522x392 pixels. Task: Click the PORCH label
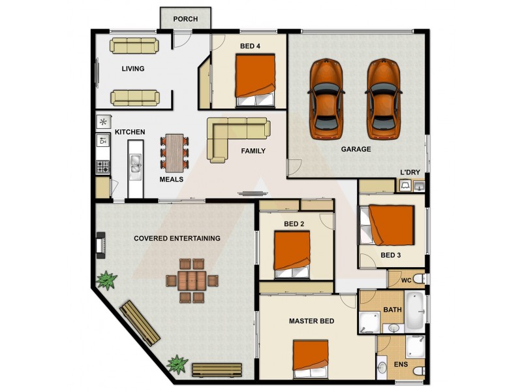click(185, 19)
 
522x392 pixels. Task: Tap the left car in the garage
click(326, 99)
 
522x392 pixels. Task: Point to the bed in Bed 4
click(255, 80)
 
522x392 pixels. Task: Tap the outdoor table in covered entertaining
click(191, 280)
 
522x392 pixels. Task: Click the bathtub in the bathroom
click(414, 310)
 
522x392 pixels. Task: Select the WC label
click(405, 281)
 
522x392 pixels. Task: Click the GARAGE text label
click(356, 150)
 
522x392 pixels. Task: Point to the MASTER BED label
click(312, 321)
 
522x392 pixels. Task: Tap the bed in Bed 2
click(292, 252)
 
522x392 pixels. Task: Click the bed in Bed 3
click(390, 225)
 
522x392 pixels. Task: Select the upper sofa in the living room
click(134, 45)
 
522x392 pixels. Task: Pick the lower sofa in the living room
click(134, 97)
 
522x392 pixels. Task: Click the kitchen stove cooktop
click(103, 167)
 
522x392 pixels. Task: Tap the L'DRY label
click(410, 172)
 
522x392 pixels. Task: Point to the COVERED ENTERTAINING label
click(177, 238)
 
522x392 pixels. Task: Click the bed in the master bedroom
click(311, 360)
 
